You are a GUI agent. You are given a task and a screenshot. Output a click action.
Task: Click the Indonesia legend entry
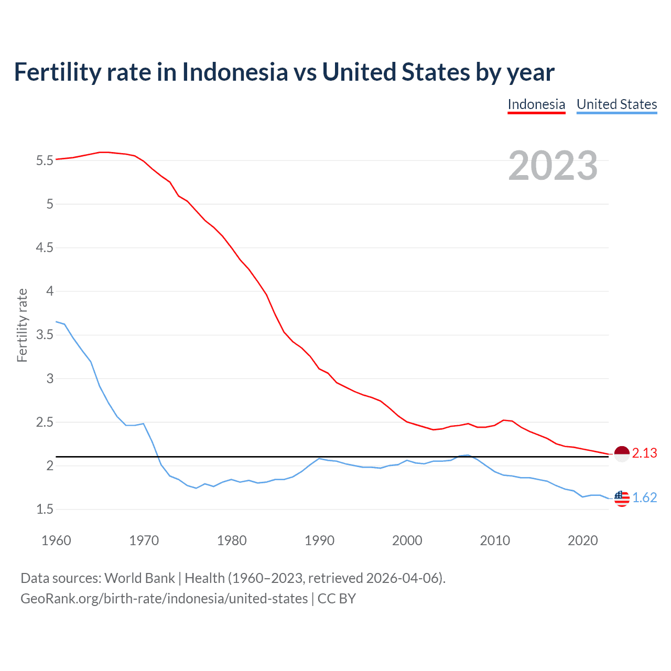tap(536, 104)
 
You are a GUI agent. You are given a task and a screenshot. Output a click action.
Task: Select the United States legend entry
tap(616, 104)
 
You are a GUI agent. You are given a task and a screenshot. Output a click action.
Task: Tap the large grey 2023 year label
tap(553, 166)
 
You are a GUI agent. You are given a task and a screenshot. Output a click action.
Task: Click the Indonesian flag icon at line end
tap(621, 453)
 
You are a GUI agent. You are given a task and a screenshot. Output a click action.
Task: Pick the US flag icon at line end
tap(621, 498)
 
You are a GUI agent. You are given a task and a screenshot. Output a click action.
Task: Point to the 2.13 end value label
tap(644, 453)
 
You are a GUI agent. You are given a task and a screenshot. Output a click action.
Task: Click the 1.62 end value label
tap(644, 498)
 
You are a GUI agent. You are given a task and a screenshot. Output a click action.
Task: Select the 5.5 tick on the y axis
tap(45, 160)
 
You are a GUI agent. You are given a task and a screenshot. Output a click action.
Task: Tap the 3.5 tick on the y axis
tap(45, 335)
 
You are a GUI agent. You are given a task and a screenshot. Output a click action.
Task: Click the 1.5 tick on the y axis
tap(45, 510)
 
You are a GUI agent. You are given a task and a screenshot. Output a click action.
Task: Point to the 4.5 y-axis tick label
tap(45, 247)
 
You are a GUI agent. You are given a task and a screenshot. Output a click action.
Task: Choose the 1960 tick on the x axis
tap(56, 540)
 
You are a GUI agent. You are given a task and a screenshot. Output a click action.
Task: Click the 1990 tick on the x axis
tap(319, 540)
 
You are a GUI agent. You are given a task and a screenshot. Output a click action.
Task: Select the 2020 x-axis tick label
tap(582, 540)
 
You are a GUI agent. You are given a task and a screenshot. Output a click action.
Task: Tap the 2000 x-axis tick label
tap(407, 540)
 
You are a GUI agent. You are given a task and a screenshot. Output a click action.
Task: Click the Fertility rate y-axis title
tap(22, 325)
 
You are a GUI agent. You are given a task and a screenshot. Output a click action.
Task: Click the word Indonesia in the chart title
tap(235, 72)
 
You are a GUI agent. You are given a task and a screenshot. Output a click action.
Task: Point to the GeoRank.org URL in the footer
tap(164, 599)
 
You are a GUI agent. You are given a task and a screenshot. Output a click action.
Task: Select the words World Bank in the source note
tap(139, 578)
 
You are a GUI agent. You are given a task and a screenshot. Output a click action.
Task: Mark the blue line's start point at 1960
tap(56, 322)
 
